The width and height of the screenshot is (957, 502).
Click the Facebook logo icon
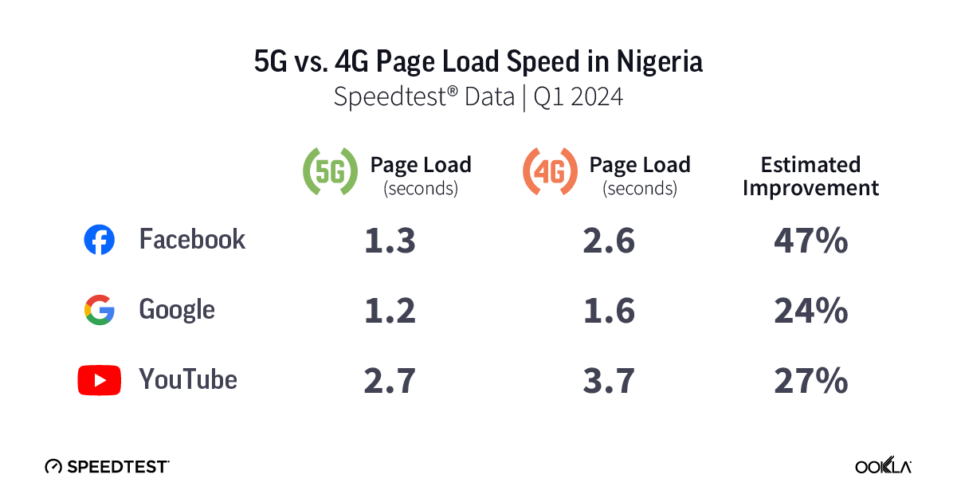tap(100, 240)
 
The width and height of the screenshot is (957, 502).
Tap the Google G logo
tap(100, 310)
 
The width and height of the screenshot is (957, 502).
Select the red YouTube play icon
tap(100, 380)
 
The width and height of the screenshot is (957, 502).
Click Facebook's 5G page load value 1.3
tap(390, 241)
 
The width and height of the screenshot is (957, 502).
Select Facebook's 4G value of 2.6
tap(609, 241)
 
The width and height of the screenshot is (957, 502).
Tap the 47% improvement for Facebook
tap(810, 241)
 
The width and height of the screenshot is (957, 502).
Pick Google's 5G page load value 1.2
tap(390, 311)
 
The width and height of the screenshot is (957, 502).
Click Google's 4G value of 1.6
tap(609, 311)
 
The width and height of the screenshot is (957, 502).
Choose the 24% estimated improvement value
tap(810, 311)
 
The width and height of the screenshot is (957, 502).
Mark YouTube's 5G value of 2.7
tap(390, 381)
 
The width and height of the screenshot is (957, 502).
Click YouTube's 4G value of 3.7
tap(609, 381)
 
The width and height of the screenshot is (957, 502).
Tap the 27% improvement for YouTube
tap(810, 381)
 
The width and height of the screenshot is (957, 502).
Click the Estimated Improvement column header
tap(810, 176)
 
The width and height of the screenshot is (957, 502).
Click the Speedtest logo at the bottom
tap(107, 466)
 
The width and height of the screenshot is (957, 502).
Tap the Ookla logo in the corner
tap(884, 466)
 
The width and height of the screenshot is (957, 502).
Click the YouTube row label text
tap(188, 379)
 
